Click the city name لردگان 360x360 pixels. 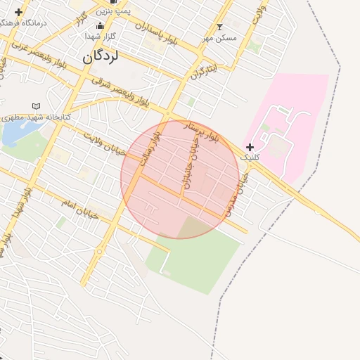pyautogui.click(x=101, y=57)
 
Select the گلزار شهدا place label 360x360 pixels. pyautogui.click(x=99, y=36)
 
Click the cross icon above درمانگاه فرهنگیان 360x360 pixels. pyautogui.click(x=18, y=12)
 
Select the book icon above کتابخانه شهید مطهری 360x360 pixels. pyautogui.click(x=37, y=107)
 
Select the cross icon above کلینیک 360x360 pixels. pyautogui.click(x=250, y=146)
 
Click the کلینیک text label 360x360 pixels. pyautogui.click(x=250, y=157)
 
